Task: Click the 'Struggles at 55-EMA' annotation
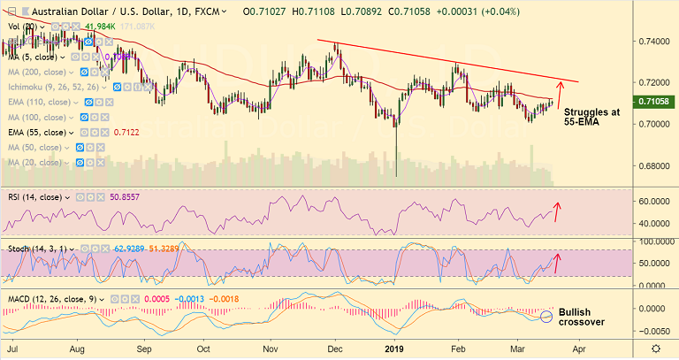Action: [592, 119]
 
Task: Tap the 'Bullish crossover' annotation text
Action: [582, 317]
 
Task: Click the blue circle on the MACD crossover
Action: [546, 316]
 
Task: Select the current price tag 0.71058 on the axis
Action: [655, 103]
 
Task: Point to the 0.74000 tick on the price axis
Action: [655, 42]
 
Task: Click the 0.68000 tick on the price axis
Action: [655, 166]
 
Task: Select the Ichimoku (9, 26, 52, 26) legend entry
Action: [52, 87]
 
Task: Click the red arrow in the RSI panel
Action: [557, 211]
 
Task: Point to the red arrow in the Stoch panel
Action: [557, 262]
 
